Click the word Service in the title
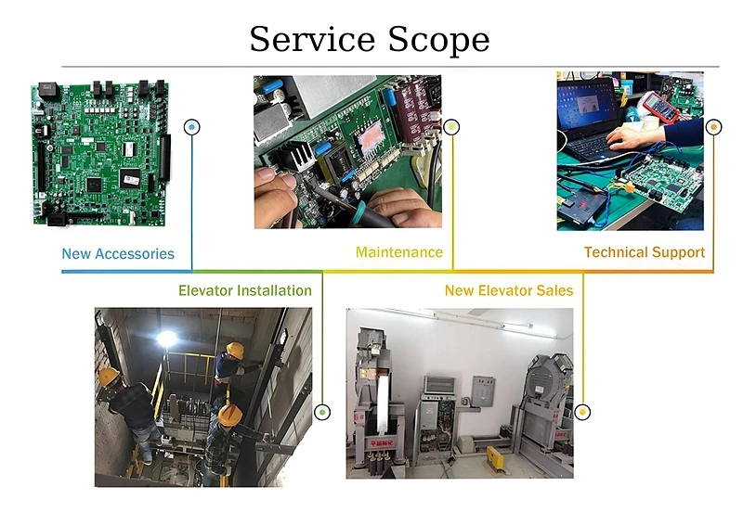coord(310,40)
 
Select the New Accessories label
coord(118,253)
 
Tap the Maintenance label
coord(398,252)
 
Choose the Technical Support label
coord(644,252)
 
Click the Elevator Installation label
coord(245,290)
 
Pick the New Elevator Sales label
coord(509,290)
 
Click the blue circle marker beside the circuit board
coord(192,126)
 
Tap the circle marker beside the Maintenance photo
coord(450,126)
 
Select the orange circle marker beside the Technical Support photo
coord(713,126)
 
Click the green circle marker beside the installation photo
coord(322,412)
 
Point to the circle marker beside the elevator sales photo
coord(582,412)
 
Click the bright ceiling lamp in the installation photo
coord(167,339)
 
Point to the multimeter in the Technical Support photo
coord(662,108)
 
